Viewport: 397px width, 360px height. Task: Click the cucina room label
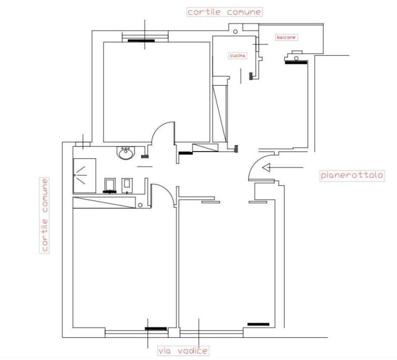pos(237,55)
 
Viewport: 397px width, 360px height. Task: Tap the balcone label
pos(286,37)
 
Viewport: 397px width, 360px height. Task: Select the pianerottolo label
pos(352,175)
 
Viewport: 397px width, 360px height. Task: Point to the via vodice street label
pos(183,351)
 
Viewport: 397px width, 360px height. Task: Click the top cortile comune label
pos(224,12)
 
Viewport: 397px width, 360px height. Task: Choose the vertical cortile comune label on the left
pos(44,215)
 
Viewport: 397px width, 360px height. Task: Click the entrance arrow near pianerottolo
pos(283,168)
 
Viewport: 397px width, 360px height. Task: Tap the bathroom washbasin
pos(126,153)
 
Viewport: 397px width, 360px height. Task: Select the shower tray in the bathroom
pos(85,175)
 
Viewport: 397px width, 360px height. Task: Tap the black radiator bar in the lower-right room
pos(258,324)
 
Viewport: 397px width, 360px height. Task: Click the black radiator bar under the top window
pos(141,40)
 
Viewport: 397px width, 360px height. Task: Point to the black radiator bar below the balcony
pos(296,62)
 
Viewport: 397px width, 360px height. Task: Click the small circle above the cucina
pos(235,32)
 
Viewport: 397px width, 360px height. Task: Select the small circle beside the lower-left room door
pos(140,205)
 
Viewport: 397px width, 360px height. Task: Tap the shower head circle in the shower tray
pos(75,175)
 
